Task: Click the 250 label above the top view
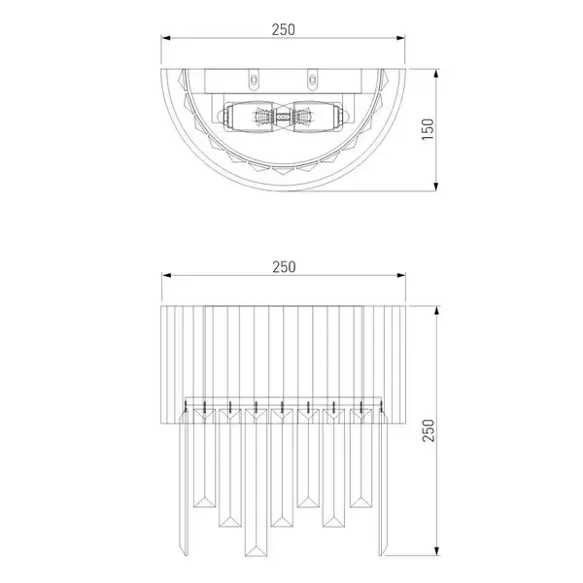click(x=284, y=30)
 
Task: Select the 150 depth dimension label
click(x=428, y=129)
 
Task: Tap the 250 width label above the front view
click(x=284, y=267)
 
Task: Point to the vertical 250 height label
click(x=429, y=430)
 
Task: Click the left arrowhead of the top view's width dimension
click(x=166, y=38)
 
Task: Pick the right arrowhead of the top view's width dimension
click(x=400, y=38)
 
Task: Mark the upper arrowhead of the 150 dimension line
click(x=436, y=74)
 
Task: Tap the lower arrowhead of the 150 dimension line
click(x=436, y=187)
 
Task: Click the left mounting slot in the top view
click(x=254, y=80)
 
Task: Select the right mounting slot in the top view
click(x=312, y=80)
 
